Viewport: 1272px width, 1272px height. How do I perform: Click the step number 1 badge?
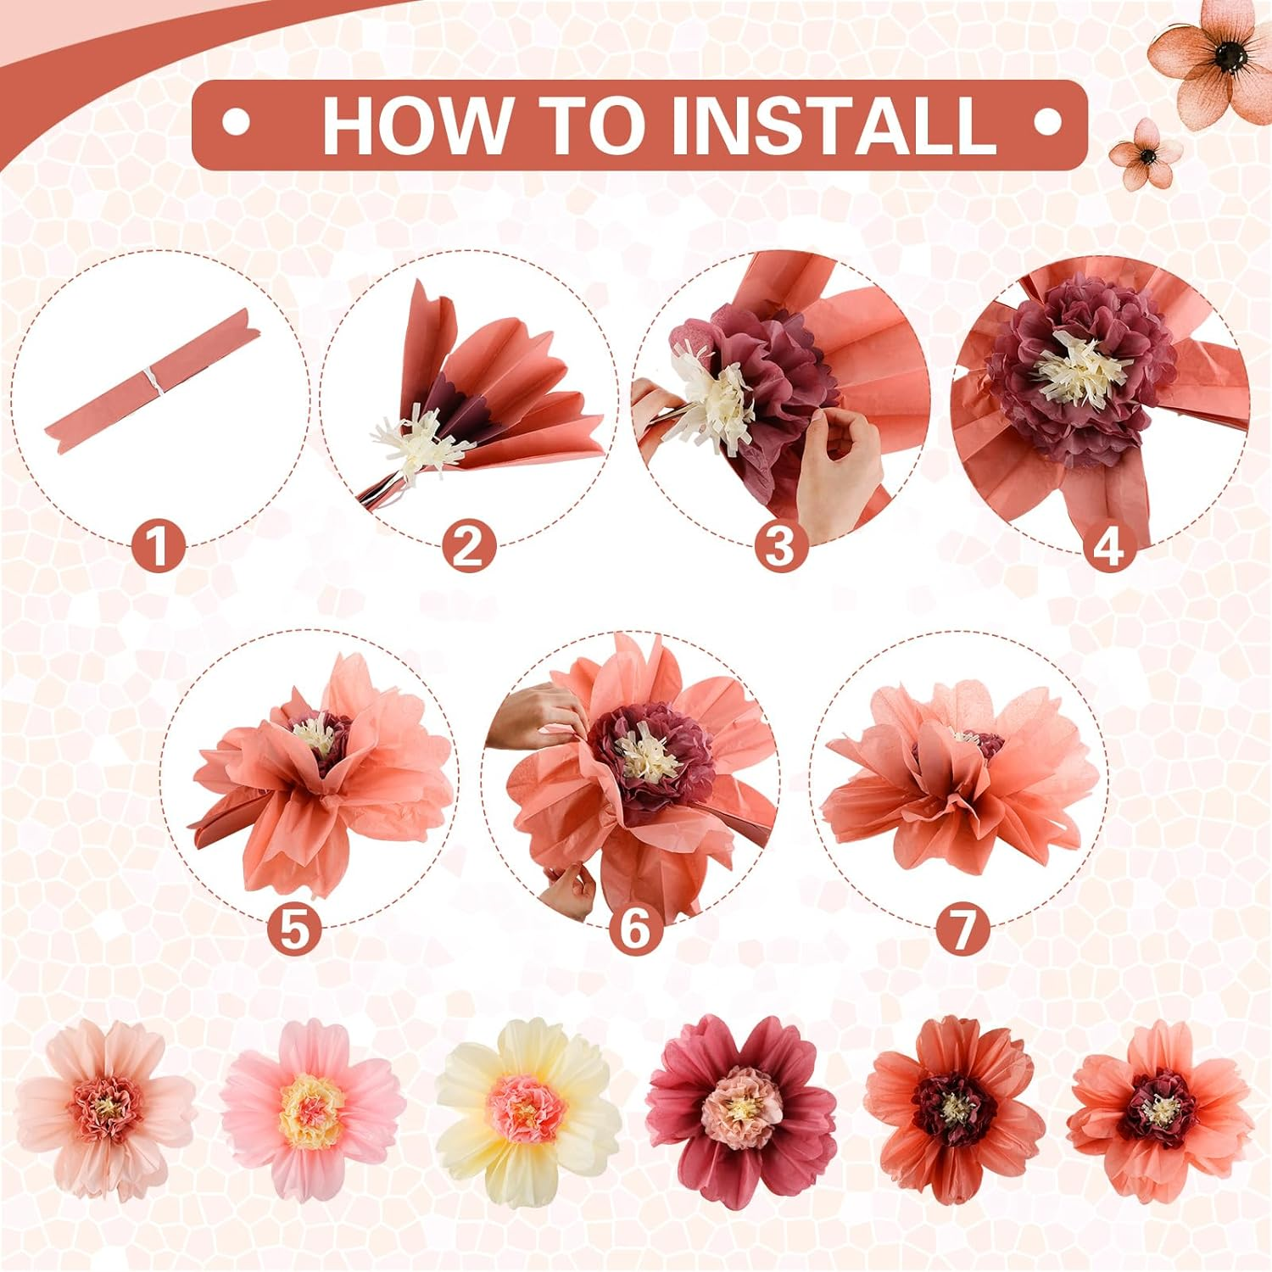159,546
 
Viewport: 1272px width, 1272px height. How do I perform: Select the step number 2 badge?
468,546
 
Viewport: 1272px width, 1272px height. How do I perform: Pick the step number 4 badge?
1108,546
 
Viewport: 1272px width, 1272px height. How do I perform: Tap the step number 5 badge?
294,928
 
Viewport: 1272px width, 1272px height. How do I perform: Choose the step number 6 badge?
635,928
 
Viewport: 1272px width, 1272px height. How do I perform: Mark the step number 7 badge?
962,928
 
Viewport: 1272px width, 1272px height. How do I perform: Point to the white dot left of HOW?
236,124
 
